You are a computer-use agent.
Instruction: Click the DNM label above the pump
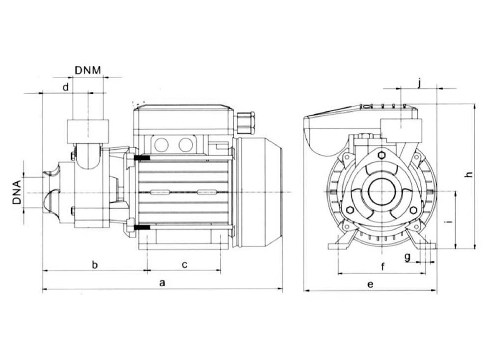coord(88,70)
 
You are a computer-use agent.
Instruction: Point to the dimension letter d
coord(64,87)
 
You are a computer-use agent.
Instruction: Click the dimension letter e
coord(370,284)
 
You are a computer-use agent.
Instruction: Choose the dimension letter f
coord(382,267)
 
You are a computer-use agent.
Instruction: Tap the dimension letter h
coord(469,174)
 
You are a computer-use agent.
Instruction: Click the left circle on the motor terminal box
coord(162,144)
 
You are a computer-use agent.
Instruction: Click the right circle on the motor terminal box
coord(186,144)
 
